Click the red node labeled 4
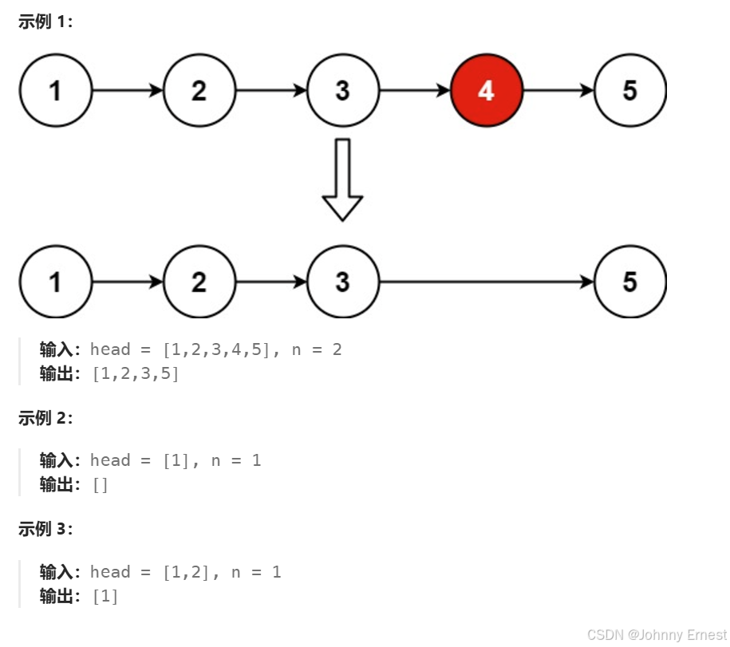pos(487,91)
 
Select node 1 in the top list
pos(55,91)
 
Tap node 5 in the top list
pos(630,91)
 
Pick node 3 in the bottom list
pos(342,282)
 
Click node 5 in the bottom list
pos(630,282)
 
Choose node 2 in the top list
pos(199,91)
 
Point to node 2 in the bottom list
pos(199,282)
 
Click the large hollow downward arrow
pos(342,180)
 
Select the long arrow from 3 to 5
pos(487,282)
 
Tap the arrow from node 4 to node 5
pos(558,91)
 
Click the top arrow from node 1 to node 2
pos(128,91)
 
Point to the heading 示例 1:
pos(45,22)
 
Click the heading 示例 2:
pos(45,418)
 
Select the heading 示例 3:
pos(45,529)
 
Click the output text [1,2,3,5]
pos(136,373)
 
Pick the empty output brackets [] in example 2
pos(101,485)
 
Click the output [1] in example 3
pos(105,596)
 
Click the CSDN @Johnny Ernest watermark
pos(657,635)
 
